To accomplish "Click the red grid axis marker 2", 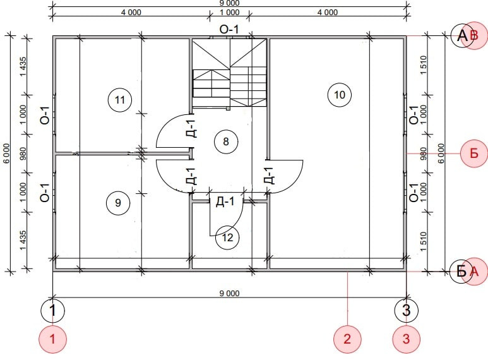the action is pos(347,339).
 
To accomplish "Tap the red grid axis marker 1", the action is pos(52,339).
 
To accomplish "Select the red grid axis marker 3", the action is pos(406,339).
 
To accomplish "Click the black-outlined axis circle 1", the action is pos(52,310).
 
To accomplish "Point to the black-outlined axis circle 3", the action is pos(407,310).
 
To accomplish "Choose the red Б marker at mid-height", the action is pos(474,153).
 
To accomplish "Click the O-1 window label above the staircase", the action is pos(229,30).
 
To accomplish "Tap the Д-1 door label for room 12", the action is pos(225,201).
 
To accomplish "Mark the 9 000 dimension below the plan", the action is pos(230,293).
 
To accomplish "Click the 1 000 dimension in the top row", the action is pos(230,13).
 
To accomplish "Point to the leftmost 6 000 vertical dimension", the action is pos(6,153).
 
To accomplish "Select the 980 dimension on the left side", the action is pos(23,153).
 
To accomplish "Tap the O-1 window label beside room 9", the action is pos(45,193).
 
